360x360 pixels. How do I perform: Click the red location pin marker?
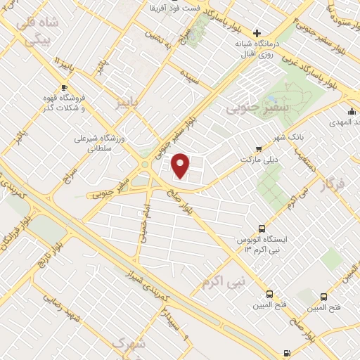click(181, 165)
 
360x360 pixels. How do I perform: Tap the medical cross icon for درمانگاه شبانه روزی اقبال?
click(257, 33)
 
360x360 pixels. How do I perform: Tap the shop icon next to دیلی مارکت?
click(258, 148)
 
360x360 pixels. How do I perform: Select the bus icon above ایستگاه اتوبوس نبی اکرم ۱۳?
click(262, 229)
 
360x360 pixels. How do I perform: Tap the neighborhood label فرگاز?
click(334, 186)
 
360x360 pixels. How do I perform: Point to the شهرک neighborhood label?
click(128, 345)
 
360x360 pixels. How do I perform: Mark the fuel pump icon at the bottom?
click(286, 352)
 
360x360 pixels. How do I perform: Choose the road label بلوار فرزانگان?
click(15, 239)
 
